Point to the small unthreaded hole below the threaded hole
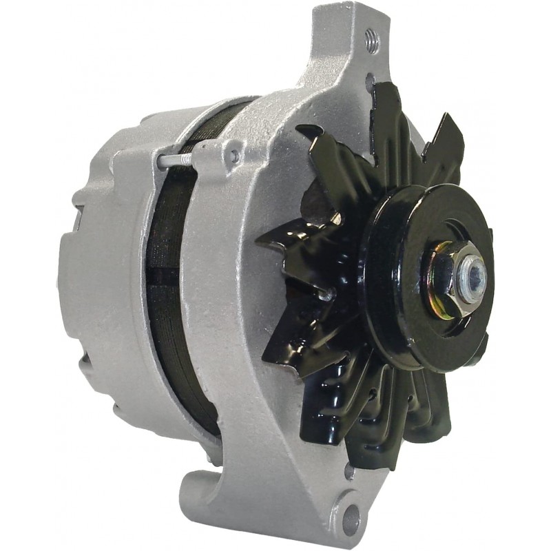pyautogui.click(x=370, y=80)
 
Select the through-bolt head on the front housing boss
pyautogui.click(x=235, y=156)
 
